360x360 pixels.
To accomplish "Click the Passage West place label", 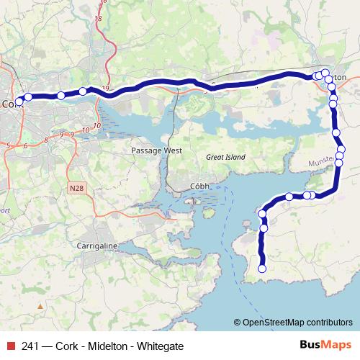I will tap(157, 151).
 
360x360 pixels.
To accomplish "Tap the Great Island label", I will tap(225, 157).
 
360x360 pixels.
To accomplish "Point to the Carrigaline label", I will tap(96, 246).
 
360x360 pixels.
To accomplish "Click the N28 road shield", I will tap(76, 188).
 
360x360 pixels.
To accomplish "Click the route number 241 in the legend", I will tap(31, 346).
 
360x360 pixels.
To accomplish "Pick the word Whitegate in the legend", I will tap(161, 346).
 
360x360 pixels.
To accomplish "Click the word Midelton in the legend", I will tap(109, 346).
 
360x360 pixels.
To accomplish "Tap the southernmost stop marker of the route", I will tap(262, 269).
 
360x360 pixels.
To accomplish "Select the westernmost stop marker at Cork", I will tap(19, 102).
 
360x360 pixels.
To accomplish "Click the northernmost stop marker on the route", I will tap(325, 72).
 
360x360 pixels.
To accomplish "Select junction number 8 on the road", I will tap(46, 139).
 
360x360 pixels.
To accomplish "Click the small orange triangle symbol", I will tap(40, 306).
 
